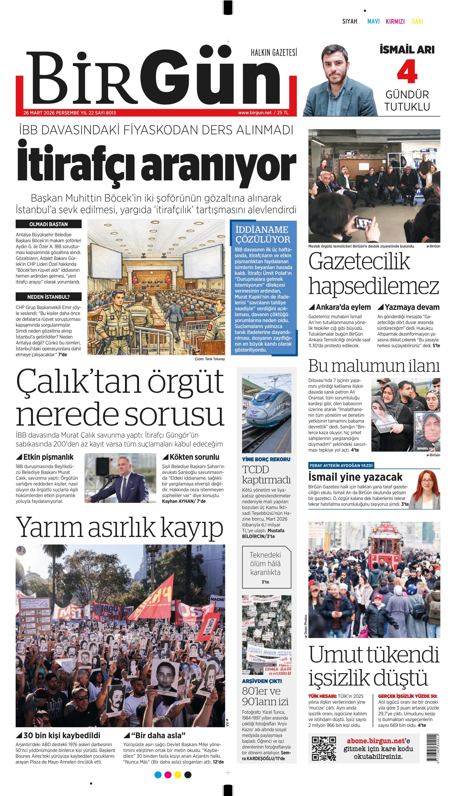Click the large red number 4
tap(407, 73)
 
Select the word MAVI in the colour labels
tap(373, 21)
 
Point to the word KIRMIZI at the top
tap(395, 21)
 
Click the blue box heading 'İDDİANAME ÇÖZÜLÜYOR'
tap(263, 234)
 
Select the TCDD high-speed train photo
tap(267, 413)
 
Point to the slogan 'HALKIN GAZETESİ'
tap(274, 53)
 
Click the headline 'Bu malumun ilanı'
tap(374, 366)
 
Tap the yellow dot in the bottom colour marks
tap(178, 775)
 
